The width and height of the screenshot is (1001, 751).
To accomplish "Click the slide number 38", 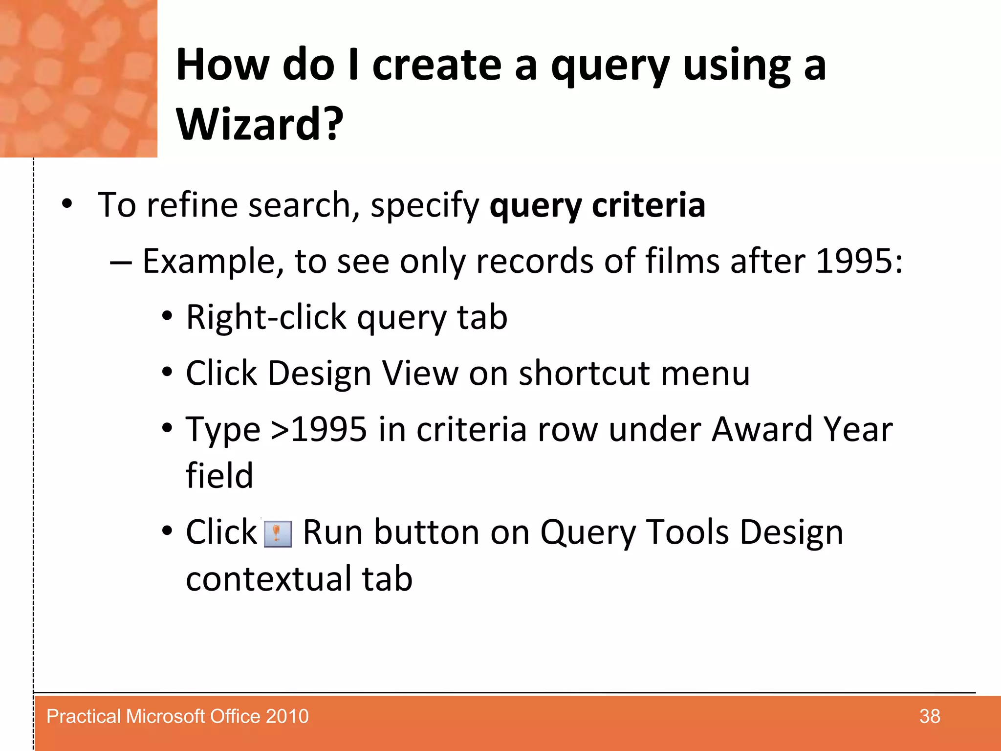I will (x=929, y=716).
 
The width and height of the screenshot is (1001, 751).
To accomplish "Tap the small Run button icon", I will (x=278, y=533).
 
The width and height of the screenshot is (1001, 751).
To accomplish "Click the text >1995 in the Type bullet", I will (x=319, y=429).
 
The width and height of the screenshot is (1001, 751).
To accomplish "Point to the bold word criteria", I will (x=649, y=205).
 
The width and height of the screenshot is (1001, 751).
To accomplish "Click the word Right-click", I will (x=266, y=317).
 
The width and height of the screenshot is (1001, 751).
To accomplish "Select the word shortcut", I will (x=584, y=374).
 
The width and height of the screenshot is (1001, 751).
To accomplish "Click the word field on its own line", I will (x=219, y=476).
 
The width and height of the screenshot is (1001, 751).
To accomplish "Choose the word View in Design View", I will (x=420, y=374).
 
